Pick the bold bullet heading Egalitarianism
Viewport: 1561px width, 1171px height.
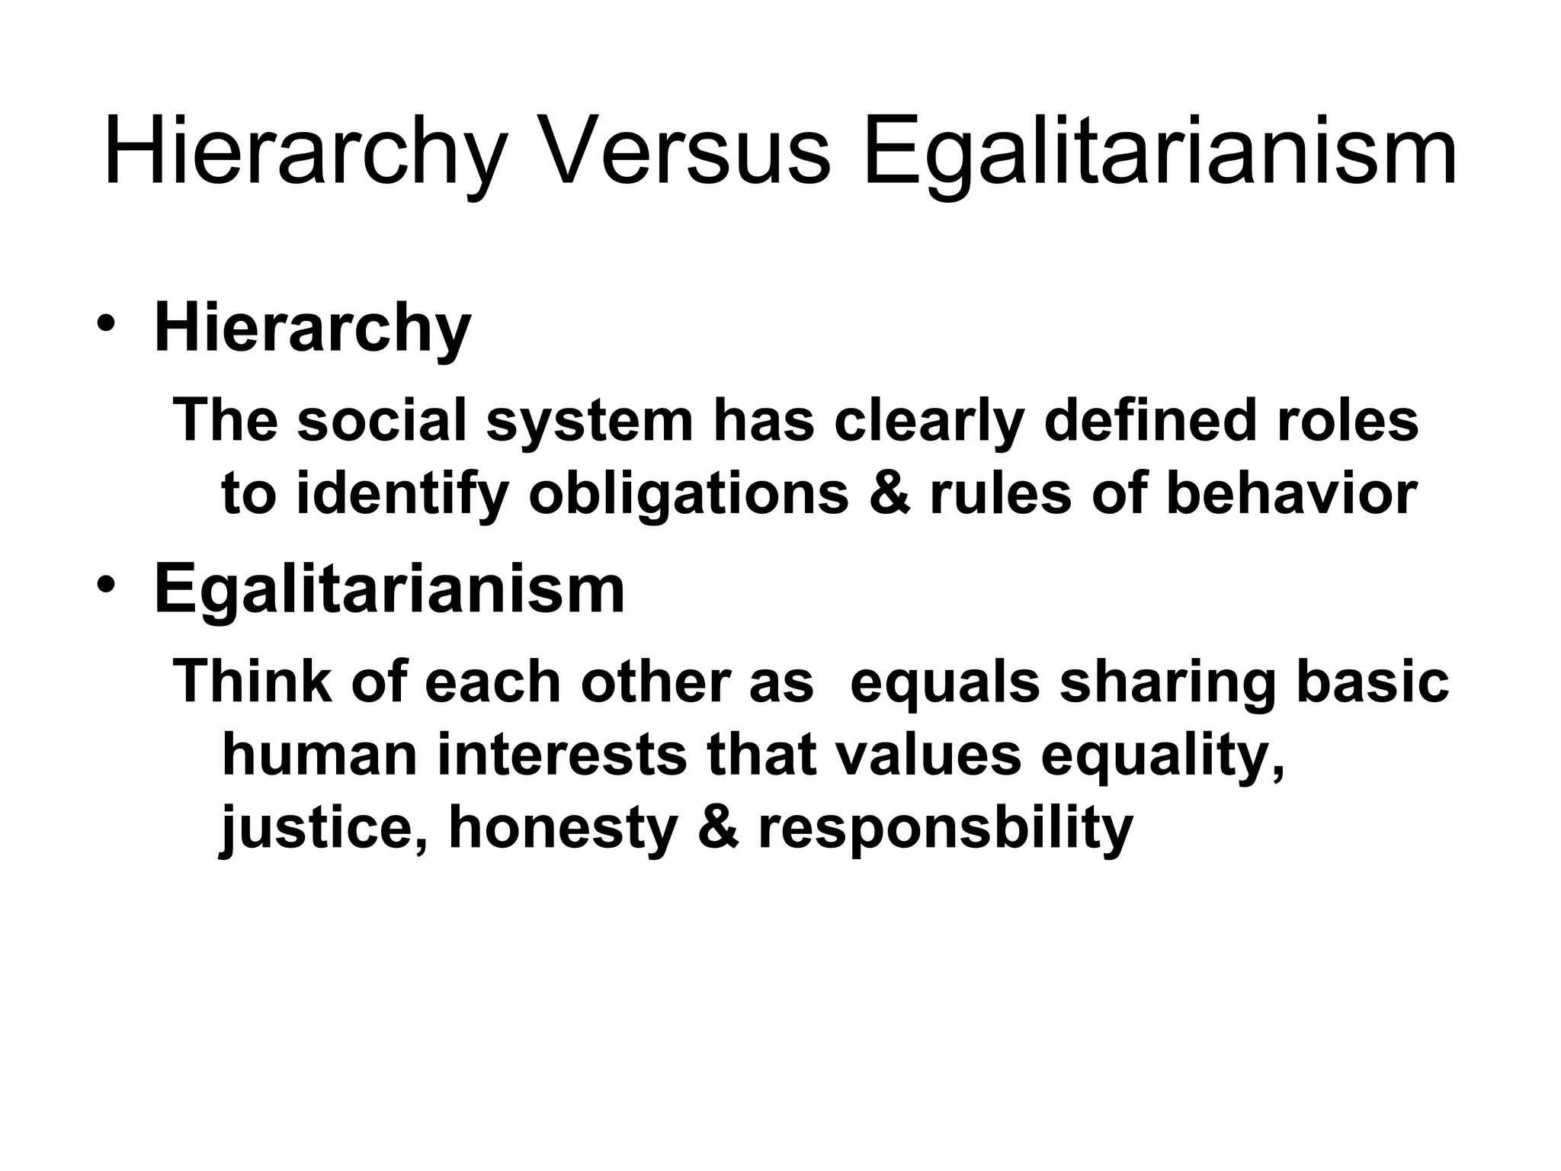click(x=389, y=590)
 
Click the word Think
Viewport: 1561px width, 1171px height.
click(x=252, y=680)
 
